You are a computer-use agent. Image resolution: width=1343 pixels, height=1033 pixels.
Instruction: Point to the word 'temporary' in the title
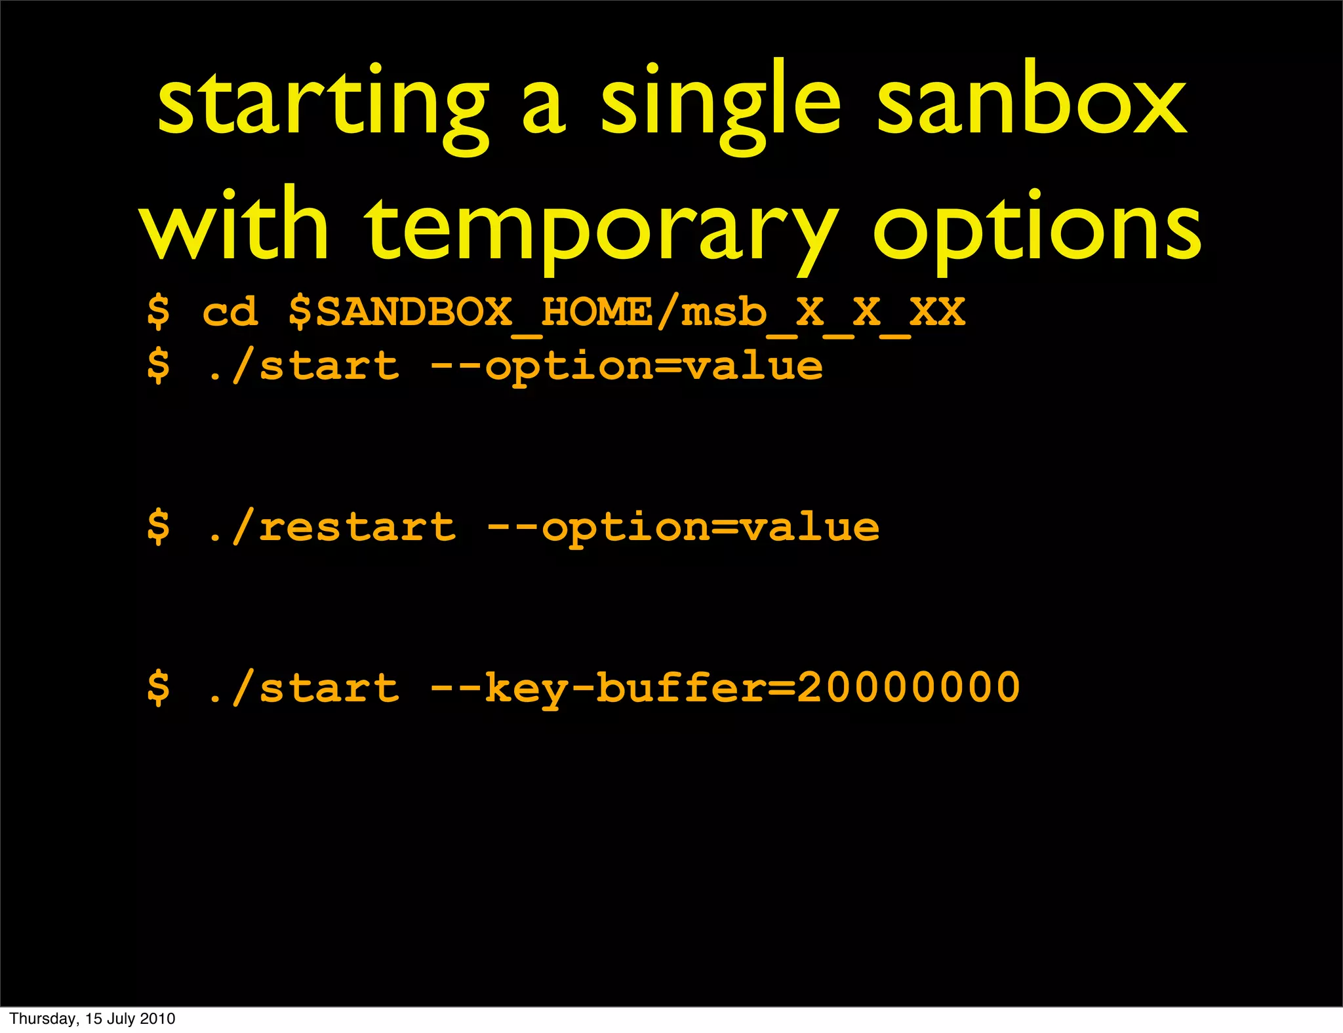(600, 229)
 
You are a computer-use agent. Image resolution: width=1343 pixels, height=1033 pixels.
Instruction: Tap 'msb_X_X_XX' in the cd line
(823, 313)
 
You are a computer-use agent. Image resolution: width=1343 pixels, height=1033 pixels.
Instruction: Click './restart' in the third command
(331, 527)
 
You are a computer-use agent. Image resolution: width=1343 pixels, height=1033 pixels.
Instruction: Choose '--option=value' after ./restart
(683, 528)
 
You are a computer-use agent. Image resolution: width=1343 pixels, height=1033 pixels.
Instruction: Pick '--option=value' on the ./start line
(626, 367)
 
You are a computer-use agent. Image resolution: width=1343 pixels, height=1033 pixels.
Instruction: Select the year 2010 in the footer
(157, 1019)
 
